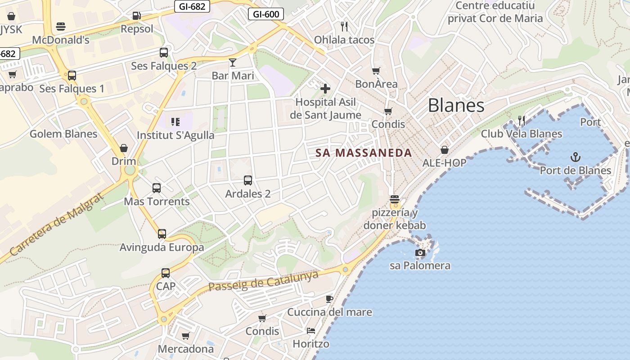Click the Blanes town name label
pos(456,105)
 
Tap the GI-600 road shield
pos(266,14)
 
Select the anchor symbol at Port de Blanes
pos(575,157)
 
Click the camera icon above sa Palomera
pos(420,252)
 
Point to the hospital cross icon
pos(325,89)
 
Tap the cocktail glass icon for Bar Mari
pos(233,62)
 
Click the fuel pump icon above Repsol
pos(137,16)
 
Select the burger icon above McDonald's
pos(61,27)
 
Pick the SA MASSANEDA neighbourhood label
pos(364,153)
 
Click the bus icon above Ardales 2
pos(248,180)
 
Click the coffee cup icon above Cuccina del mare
pos(329,299)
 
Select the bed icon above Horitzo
pos(311,331)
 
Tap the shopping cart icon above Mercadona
pos(185,336)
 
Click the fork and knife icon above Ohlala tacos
pos(344,27)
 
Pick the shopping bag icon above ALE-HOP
pos(445,150)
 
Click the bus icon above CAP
pos(166,273)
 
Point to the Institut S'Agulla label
pos(175,135)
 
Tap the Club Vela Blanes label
pos(522,134)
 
